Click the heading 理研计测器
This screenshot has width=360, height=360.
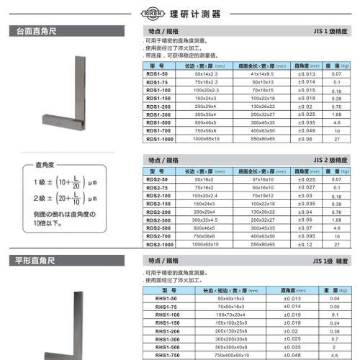coord(186,14)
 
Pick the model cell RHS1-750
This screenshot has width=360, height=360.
coord(158,354)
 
